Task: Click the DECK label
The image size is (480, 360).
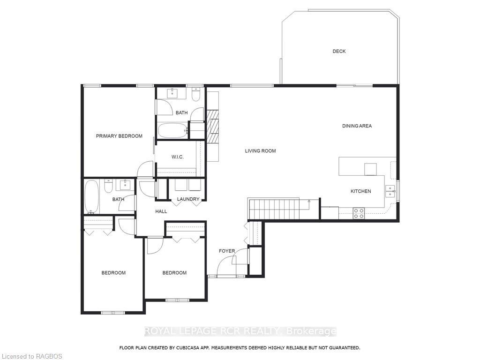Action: (x=339, y=52)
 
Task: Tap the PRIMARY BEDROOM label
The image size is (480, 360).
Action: (x=119, y=136)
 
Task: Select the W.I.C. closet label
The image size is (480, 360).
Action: (x=178, y=157)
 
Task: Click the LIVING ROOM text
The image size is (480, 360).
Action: (x=260, y=151)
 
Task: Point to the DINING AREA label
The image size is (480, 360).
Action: (x=357, y=126)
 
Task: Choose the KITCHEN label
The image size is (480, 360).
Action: (x=360, y=191)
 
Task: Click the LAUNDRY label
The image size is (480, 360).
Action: (x=188, y=199)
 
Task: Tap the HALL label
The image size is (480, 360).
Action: (x=161, y=211)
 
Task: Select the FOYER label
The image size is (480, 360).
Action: (x=227, y=251)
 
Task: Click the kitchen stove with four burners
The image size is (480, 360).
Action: (x=359, y=213)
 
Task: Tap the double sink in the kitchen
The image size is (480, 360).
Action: (x=390, y=191)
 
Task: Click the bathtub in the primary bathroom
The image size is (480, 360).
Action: (x=172, y=131)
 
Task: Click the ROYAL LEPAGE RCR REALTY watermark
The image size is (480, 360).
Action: (x=240, y=331)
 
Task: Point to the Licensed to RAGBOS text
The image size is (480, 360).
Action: (x=31, y=356)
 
